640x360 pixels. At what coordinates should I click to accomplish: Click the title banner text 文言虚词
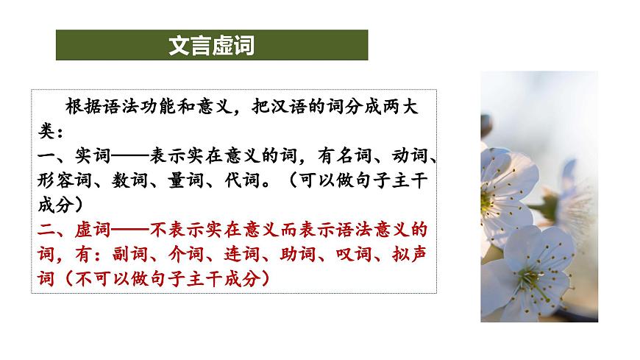click(211, 46)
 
